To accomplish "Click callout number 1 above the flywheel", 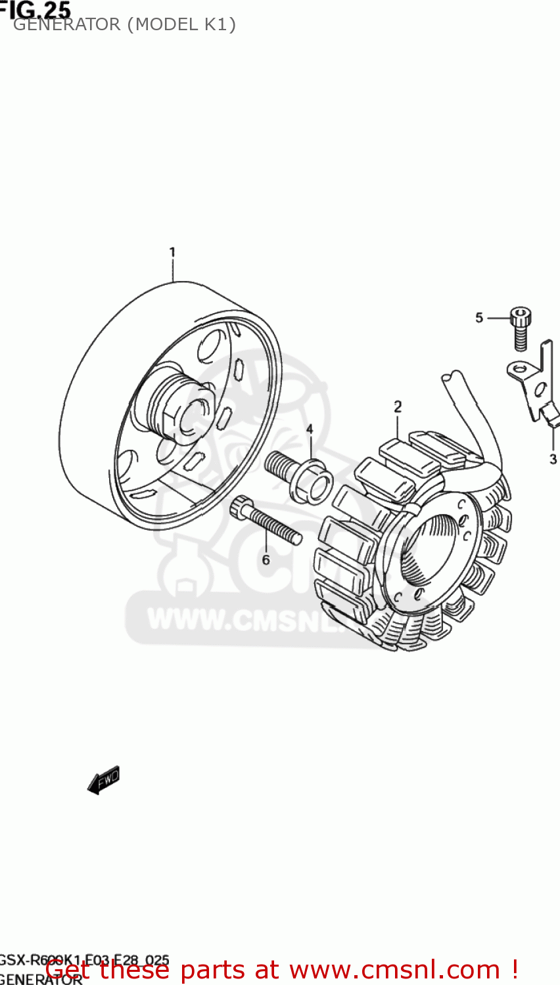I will [172, 252].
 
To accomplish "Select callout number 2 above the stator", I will [398, 406].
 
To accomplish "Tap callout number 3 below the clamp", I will [553, 459].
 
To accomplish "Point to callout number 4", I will [310, 429].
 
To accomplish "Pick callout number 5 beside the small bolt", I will [479, 318].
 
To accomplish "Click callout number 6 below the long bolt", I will [266, 559].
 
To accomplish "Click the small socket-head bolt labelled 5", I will [521, 328].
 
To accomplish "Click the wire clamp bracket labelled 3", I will [536, 387].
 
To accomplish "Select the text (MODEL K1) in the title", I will [181, 25].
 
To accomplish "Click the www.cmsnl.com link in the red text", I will [394, 970].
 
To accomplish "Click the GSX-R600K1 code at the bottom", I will [43, 961].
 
